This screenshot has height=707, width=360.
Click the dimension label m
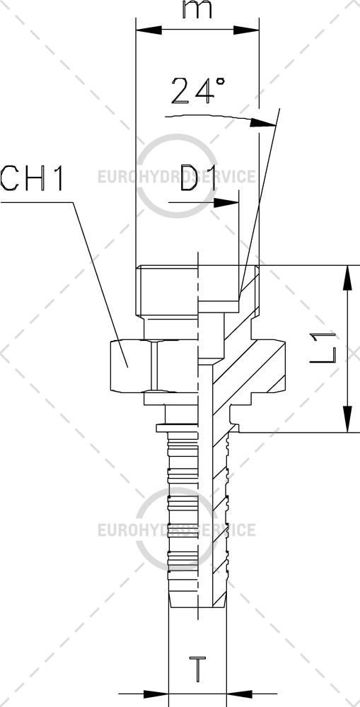click(x=197, y=10)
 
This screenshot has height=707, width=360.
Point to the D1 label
click(x=199, y=177)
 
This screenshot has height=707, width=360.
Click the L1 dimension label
click(x=323, y=348)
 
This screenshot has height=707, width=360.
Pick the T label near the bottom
click(x=197, y=670)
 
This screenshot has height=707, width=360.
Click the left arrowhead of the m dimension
click(x=149, y=30)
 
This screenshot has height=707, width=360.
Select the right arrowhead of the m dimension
click(x=246, y=30)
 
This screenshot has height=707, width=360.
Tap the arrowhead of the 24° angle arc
click(x=263, y=122)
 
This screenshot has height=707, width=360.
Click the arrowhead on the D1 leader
click(x=226, y=203)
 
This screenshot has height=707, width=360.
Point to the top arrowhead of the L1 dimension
click(x=347, y=278)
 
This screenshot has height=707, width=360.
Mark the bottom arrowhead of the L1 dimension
click(x=347, y=419)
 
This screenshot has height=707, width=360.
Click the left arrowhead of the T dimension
click(x=156, y=693)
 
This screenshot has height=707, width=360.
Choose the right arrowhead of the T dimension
click(x=239, y=693)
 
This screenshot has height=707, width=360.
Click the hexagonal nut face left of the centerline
click(x=131, y=366)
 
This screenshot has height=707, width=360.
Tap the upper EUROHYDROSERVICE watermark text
click(x=177, y=176)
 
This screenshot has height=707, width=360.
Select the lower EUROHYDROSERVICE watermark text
click(x=177, y=530)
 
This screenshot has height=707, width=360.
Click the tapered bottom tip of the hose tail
click(x=197, y=600)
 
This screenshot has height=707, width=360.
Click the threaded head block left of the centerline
click(x=167, y=291)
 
